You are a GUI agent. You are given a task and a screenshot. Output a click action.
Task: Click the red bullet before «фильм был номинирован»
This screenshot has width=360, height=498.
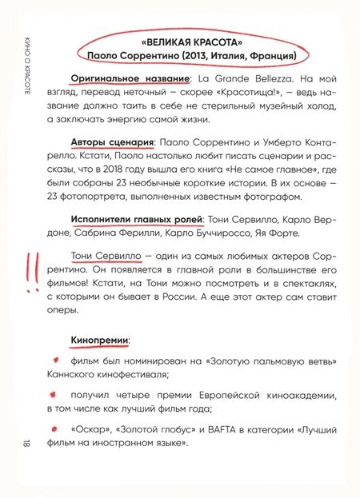[x=55, y=360]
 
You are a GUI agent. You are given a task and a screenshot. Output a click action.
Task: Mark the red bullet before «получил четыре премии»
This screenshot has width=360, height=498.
[x=55, y=394]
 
